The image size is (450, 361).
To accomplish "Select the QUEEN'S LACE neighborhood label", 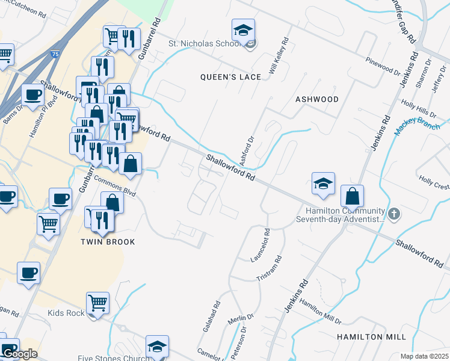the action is coord(231,77).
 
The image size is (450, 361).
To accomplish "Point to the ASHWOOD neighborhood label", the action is coord(317,99).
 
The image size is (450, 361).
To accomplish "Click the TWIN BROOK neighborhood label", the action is coord(108,241).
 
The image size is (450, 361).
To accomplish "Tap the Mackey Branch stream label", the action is coord(418,125).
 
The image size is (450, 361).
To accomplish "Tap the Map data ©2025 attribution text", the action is coord(424,356).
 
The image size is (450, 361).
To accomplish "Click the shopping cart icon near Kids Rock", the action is coord(97,303).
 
